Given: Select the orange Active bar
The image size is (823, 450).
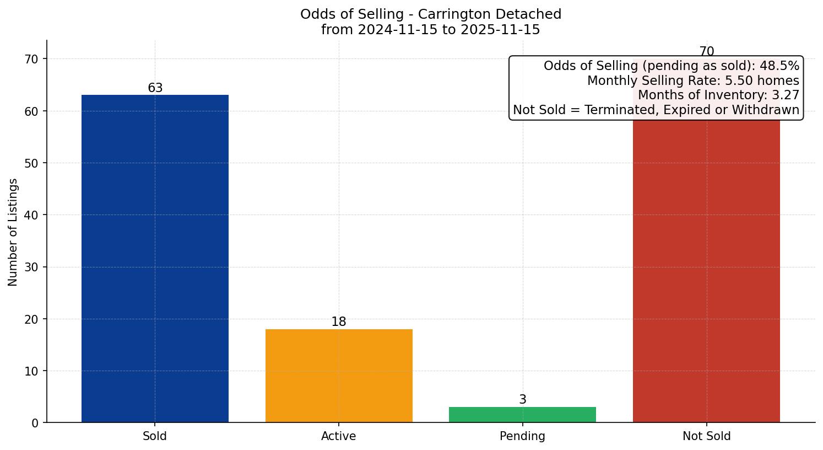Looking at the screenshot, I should click(x=339, y=376).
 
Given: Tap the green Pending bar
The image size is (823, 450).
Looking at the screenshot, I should click(x=522, y=415).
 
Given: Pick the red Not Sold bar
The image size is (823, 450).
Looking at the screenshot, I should click(x=706, y=270).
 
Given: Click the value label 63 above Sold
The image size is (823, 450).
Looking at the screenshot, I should click(x=155, y=88).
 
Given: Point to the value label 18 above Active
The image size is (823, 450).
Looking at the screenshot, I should click(x=339, y=322).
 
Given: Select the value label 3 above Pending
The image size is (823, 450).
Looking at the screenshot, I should click(x=523, y=400).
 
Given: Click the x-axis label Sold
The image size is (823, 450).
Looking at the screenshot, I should click(x=155, y=436).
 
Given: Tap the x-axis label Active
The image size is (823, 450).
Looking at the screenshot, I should click(x=339, y=436).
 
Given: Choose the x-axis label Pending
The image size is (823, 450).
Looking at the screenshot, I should click(x=522, y=436).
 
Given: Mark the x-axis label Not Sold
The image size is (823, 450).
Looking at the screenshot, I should click(x=706, y=436).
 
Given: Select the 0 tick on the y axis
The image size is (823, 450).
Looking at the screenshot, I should click(x=36, y=423).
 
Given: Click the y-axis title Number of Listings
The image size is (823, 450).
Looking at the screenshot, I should click(x=13, y=232).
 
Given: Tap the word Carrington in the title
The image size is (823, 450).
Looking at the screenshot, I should click(x=454, y=14).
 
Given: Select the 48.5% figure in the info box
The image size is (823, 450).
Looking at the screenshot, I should click(x=779, y=66).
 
